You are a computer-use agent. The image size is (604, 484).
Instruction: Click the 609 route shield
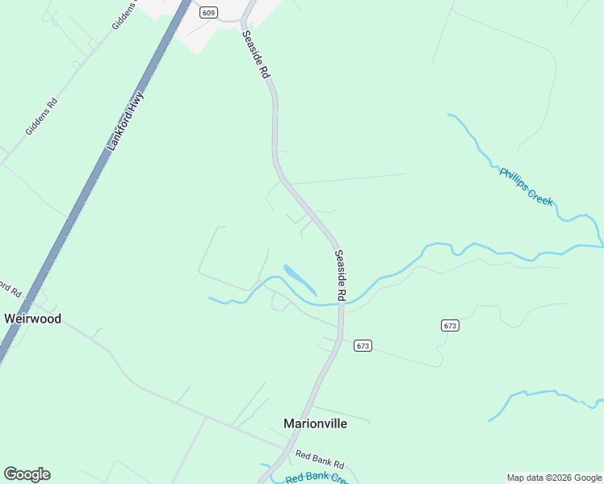[209, 12]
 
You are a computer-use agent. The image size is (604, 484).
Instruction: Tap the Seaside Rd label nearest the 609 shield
[254, 54]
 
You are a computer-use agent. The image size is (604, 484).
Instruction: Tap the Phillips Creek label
[526, 186]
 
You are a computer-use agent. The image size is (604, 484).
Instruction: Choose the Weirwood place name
[32, 319]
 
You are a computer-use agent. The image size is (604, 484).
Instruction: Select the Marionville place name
[315, 423]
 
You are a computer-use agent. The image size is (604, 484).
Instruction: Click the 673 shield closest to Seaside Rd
[362, 345]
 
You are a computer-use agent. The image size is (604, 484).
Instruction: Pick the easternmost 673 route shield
[450, 325]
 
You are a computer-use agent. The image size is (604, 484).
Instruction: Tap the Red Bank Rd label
[320, 460]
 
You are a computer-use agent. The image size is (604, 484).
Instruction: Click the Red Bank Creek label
[317, 478]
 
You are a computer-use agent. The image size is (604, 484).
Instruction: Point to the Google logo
[27, 474]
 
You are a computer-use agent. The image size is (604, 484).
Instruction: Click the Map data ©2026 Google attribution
[554, 478]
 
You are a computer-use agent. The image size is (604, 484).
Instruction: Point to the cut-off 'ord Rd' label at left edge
[10, 288]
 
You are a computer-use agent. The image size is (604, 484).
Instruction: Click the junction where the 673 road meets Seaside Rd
[341, 339]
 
